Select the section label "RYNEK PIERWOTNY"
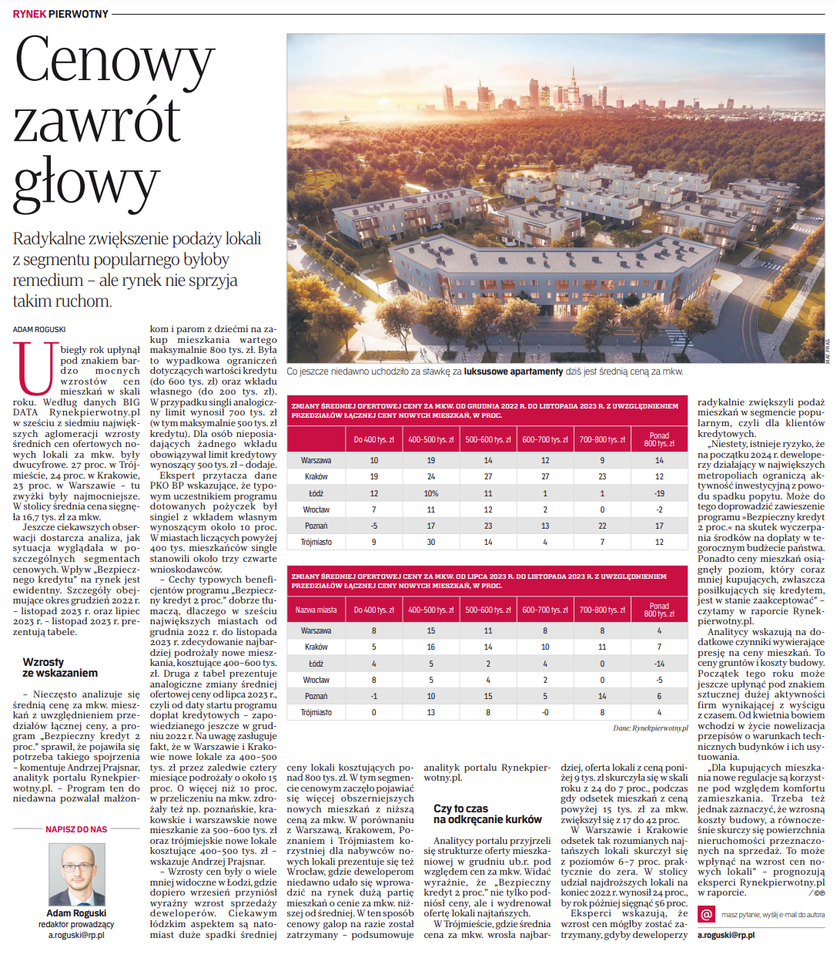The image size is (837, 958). pyautogui.click(x=61, y=14)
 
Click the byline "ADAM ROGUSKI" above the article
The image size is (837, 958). pyautogui.click(x=39, y=329)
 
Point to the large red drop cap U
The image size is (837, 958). pyautogui.click(x=35, y=368)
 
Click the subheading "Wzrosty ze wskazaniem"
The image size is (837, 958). pyautogui.click(x=60, y=667)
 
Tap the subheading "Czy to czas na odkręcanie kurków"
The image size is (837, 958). pyautogui.click(x=487, y=814)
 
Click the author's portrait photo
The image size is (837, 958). pyautogui.click(x=77, y=874)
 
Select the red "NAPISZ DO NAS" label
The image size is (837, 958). pyautogui.click(x=76, y=829)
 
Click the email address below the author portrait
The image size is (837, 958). pyautogui.click(x=76, y=935)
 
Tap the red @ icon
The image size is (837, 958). pyautogui.click(x=706, y=914)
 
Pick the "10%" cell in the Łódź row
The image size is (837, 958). pyautogui.click(x=431, y=493)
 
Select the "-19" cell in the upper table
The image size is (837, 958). pyautogui.click(x=659, y=493)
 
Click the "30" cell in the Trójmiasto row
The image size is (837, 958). pyautogui.click(x=431, y=542)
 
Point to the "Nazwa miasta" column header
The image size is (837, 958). pyautogui.click(x=316, y=610)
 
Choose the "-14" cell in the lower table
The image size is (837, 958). pyautogui.click(x=659, y=664)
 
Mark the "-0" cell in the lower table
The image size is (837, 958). pyautogui.click(x=545, y=712)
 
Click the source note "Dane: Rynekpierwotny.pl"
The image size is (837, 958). pyautogui.click(x=650, y=728)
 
